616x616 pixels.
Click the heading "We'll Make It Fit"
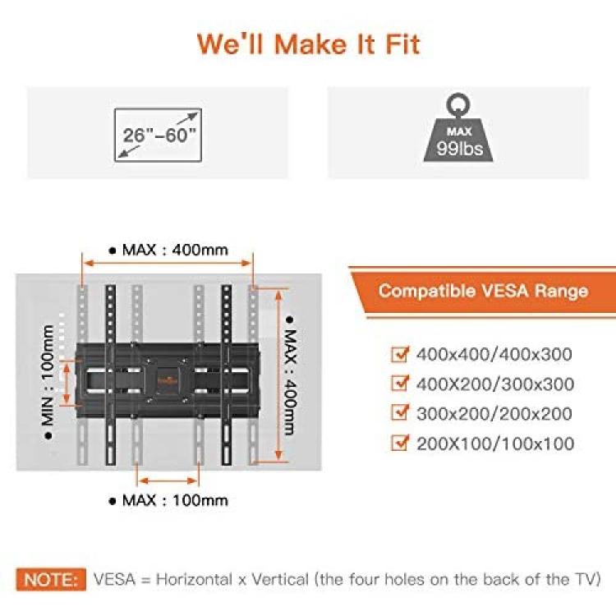tap(308, 44)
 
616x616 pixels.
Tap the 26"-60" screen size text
tap(159, 136)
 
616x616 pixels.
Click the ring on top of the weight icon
tap(458, 104)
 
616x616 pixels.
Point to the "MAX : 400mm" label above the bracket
tap(169, 250)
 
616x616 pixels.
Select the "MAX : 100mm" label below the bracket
tap(169, 500)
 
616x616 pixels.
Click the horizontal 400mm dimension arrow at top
tap(168, 263)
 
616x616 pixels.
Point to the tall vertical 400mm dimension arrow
tap(278, 375)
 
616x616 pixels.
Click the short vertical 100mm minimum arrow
tap(67, 383)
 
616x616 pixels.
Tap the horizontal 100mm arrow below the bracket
tap(168, 480)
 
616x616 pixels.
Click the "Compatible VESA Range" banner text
tap(483, 291)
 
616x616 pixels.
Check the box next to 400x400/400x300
tap(400, 353)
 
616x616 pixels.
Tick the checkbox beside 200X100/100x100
tap(400, 443)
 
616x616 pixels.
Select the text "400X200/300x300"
tap(495, 384)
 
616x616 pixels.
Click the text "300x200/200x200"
tap(494, 414)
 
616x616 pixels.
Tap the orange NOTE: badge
tap(51, 580)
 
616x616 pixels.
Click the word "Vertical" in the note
tap(281, 580)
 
